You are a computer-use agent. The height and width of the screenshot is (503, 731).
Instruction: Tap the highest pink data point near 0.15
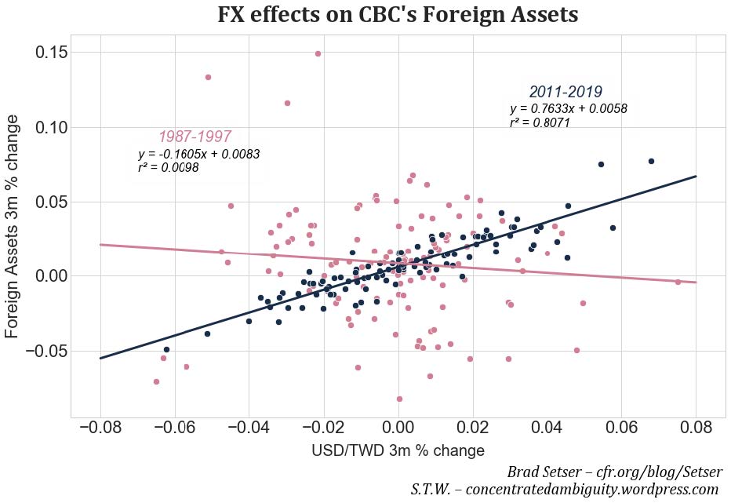coord(318,53)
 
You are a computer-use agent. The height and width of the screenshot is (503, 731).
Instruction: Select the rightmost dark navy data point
coord(651,161)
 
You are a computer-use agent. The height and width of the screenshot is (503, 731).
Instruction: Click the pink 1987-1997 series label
coord(195,137)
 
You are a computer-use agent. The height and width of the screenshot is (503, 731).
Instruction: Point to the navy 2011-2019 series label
coord(566,93)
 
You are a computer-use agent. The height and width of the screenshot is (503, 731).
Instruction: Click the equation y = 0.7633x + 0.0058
coord(568,109)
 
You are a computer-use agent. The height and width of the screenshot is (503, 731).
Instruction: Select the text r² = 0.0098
coord(168,168)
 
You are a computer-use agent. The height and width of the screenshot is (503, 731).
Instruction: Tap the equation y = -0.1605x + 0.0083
coord(198,155)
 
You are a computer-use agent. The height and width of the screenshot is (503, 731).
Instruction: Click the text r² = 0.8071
coord(539,123)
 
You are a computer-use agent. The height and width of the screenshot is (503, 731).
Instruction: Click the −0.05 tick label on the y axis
coord(43,351)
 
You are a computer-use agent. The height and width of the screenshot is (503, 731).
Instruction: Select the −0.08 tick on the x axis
coord(100,428)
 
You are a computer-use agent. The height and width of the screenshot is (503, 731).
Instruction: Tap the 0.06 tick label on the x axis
coord(622,428)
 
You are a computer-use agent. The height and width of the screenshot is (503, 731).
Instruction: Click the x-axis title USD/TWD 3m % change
coord(398,451)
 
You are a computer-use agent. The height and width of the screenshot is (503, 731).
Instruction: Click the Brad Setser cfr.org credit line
coord(614,472)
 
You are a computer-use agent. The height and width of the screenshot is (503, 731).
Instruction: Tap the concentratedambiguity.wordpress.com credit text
coord(564,490)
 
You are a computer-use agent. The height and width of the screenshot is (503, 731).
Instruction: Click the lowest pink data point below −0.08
coord(399,399)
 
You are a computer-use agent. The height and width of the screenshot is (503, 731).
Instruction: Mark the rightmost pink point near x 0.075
coord(678,282)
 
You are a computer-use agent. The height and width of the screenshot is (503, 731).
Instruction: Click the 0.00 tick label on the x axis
coord(398,428)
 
